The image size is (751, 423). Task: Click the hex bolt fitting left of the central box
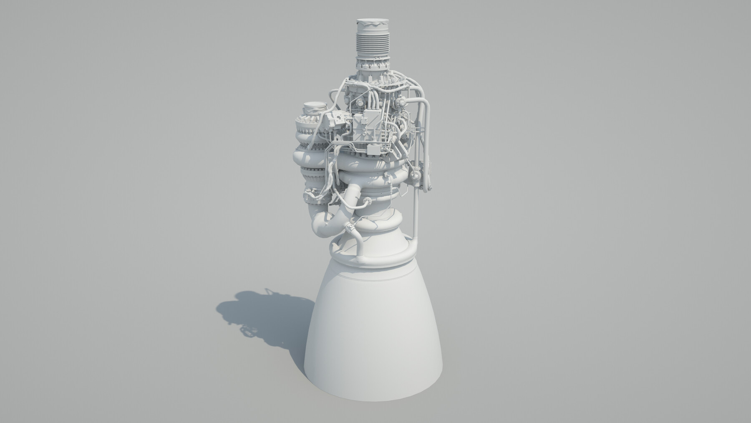click(350, 121)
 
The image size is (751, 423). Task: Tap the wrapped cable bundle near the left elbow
click(311, 194)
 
